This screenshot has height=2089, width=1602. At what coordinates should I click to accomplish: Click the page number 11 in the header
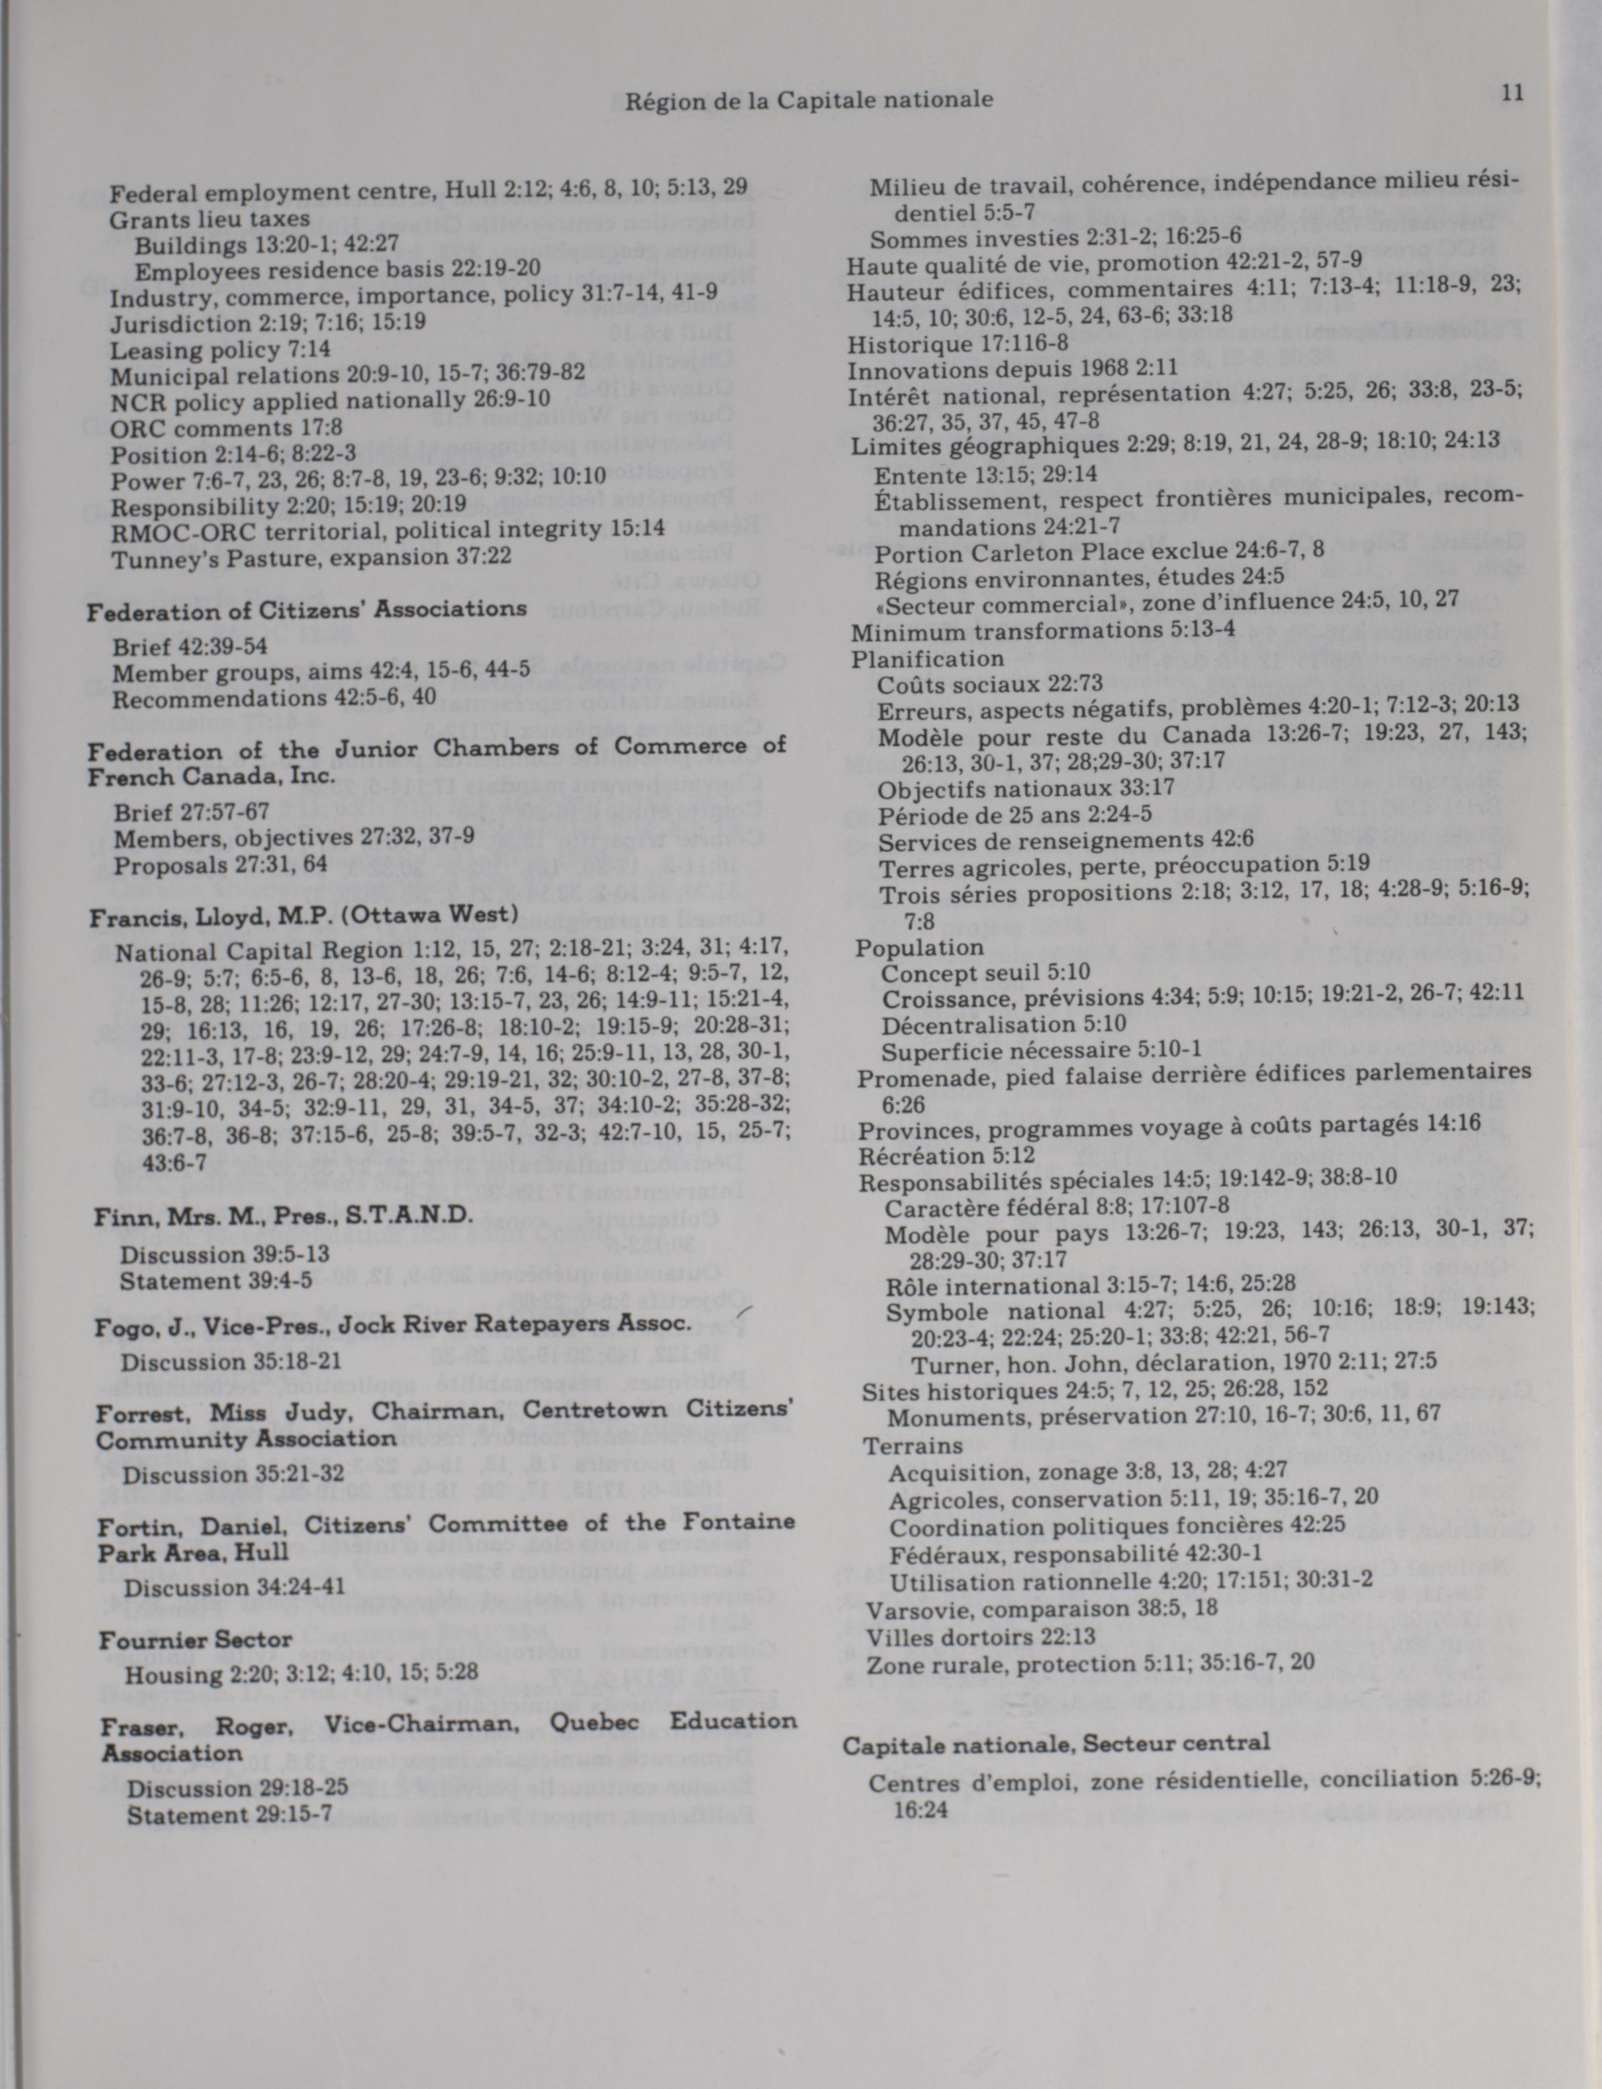(1511, 93)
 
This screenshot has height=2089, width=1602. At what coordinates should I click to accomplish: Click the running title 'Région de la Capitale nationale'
(808, 99)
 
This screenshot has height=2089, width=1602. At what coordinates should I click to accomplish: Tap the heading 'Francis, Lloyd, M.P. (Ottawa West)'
(303, 917)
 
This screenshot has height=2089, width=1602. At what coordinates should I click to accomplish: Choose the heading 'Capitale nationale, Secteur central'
(1055, 1743)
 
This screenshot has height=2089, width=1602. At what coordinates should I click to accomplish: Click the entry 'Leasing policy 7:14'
(220, 350)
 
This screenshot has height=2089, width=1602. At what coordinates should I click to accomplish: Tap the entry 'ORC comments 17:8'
(226, 428)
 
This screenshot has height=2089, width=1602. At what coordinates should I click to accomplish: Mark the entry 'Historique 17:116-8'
(957, 343)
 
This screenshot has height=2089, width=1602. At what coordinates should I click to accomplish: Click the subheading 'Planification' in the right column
(927, 659)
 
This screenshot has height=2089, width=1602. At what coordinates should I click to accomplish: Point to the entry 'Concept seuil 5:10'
(985, 973)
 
